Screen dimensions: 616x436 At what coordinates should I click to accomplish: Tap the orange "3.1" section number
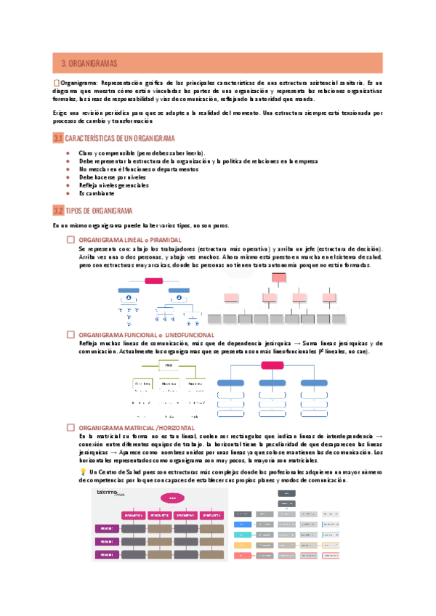[x=58, y=138]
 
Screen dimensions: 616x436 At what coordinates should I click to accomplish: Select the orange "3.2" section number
[x=58, y=211]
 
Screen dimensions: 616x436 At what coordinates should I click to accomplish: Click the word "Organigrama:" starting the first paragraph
[x=79, y=83]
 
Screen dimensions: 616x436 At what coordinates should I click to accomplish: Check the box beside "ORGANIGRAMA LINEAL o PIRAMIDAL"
[x=70, y=239]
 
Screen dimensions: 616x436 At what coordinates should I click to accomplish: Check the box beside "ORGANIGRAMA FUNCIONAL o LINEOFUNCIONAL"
[x=70, y=334]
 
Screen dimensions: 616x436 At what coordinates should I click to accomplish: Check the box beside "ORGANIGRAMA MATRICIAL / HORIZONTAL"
[x=70, y=428]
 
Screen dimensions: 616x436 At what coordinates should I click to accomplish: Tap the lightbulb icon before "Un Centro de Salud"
[x=82, y=471]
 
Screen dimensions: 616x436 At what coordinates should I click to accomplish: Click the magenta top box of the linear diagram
[x=154, y=280]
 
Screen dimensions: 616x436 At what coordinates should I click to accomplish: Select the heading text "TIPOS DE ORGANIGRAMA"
[x=99, y=211]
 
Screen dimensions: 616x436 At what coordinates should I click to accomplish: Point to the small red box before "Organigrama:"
[x=57, y=83]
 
